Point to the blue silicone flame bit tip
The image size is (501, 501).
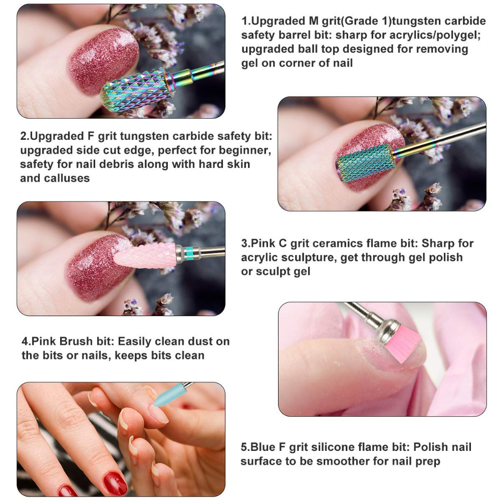[163, 396]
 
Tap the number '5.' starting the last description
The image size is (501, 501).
[245, 447]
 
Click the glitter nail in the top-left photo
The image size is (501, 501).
[102, 60]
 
